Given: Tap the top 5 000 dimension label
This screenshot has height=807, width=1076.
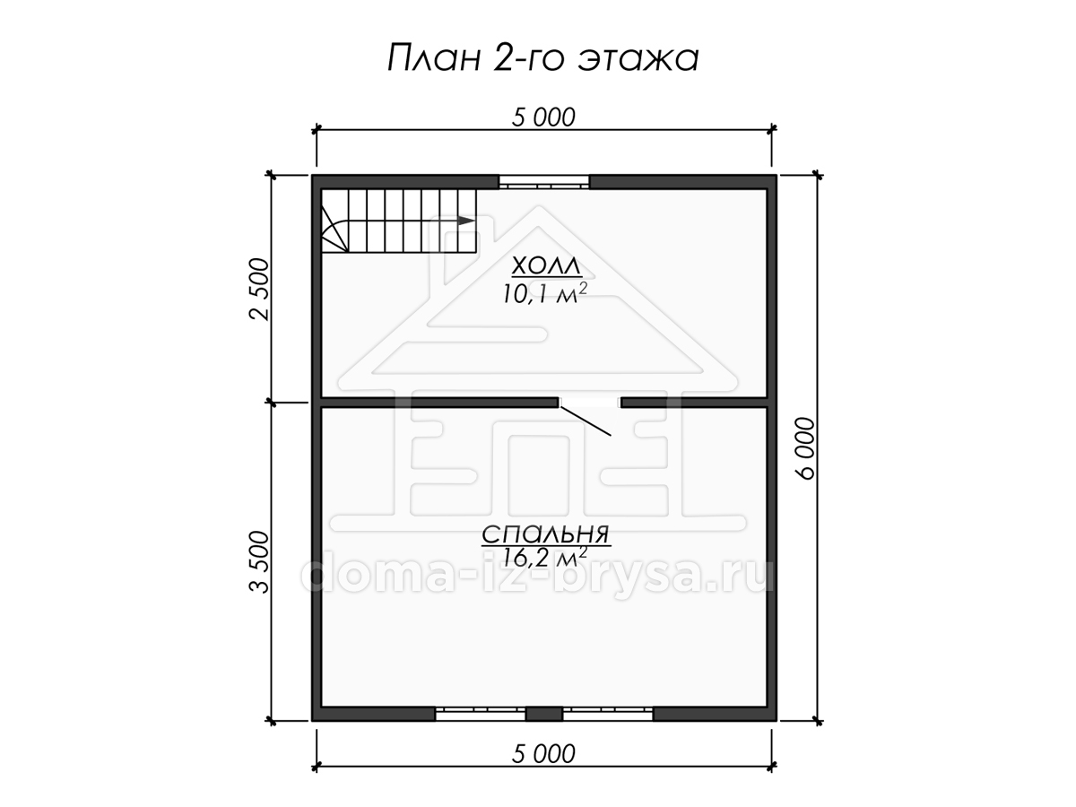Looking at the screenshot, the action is tap(543, 117).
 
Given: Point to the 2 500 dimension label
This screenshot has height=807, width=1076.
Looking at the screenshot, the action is tap(259, 289).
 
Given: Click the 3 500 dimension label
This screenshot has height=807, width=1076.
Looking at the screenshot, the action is tap(259, 562).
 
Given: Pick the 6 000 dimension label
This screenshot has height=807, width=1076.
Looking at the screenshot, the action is tap(805, 447).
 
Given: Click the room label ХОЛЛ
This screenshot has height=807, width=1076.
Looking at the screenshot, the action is tap(547, 267).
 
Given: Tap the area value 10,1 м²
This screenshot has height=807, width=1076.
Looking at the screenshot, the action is tap(544, 293).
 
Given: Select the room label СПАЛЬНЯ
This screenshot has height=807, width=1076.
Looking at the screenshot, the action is tap(546, 534).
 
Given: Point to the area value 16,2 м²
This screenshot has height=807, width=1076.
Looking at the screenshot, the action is tap(544, 557).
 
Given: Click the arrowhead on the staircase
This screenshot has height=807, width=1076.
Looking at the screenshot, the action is tap(466, 221).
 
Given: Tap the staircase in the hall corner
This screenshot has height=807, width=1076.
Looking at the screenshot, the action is tap(399, 221).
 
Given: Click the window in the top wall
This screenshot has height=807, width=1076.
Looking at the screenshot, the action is tap(544, 182).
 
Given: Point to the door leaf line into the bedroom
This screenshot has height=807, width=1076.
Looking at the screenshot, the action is tap(586, 421).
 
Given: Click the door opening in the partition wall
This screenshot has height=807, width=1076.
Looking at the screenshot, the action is tap(590, 403).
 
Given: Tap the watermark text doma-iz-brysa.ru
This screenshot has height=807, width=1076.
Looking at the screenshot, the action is tap(538, 577).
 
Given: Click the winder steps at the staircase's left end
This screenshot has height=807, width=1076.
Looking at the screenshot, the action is tap(334, 228).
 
